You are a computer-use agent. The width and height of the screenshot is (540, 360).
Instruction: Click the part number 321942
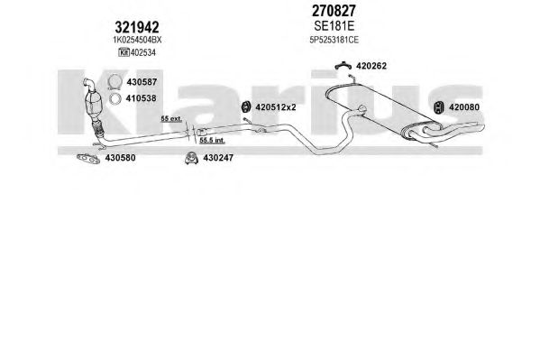tap(137, 27)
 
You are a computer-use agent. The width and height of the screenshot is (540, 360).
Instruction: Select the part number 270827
tap(334, 11)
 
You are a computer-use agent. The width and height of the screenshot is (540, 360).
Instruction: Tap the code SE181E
tap(334, 26)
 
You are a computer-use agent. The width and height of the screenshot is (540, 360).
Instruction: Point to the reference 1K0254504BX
tap(137, 40)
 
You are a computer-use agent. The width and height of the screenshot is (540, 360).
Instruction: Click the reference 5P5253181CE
tap(334, 40)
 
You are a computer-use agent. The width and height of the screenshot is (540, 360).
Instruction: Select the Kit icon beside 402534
tap(124, 52)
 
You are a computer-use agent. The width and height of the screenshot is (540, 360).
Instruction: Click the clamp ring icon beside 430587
tap(114, 82)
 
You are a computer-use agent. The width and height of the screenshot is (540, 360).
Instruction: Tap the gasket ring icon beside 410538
tap(114, 98)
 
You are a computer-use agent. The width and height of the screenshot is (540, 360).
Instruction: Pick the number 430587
tap(142, 82)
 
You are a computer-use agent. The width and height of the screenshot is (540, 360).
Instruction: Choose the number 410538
tap(141, 98)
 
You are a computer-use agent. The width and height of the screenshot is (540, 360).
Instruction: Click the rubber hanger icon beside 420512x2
tap(246, 106)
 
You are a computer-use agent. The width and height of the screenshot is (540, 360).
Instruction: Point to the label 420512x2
tap(276, 107)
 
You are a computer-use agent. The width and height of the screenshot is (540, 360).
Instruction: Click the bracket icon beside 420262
tap(343, 66)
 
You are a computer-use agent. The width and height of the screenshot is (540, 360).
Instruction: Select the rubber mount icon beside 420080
tap(439, 107)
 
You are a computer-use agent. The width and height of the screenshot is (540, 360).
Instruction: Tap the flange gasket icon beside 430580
tap(87, 158)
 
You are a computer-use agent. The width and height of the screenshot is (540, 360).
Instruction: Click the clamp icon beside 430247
tap(191, 158)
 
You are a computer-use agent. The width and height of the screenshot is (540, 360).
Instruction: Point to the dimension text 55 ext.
tap(171, 118)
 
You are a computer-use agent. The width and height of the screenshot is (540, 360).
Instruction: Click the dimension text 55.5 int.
tap(212, 141)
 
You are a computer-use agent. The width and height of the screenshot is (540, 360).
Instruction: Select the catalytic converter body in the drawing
tap(94, 103)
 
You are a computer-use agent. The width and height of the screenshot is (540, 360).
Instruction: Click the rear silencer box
tap(378, 106)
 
